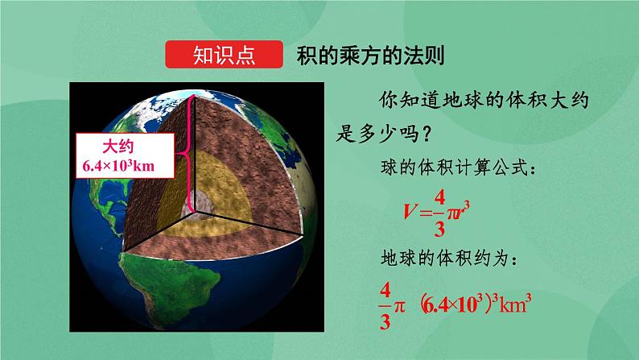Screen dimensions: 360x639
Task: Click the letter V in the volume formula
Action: click(411, 212)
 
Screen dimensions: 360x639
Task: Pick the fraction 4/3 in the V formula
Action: click(440, 212)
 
